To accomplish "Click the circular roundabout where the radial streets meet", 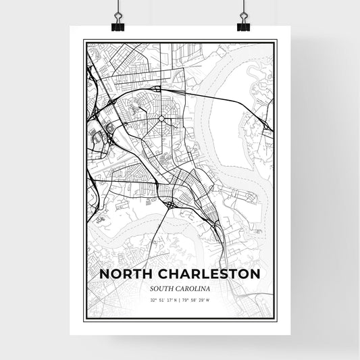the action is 161,119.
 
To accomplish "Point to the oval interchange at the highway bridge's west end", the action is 156,88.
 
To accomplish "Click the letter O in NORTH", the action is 114,274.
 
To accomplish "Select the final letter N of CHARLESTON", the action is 255,274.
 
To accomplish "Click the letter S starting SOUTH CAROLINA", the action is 153,288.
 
